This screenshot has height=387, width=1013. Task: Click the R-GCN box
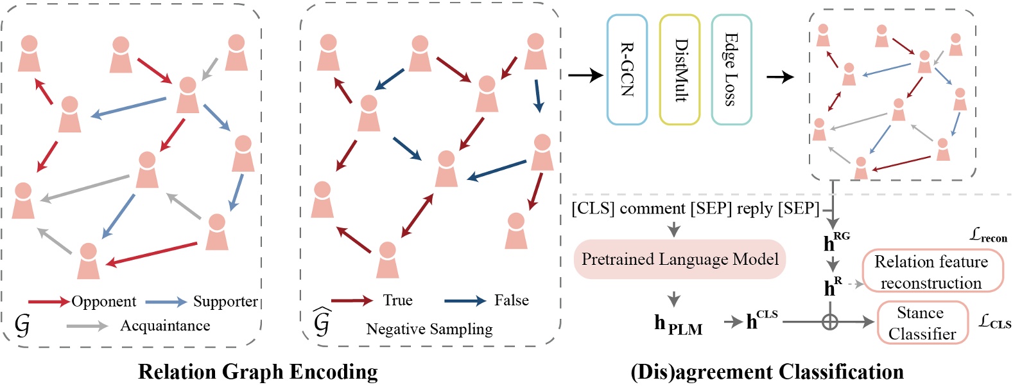[x=627, y=69]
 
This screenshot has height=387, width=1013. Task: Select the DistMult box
[x=679, y=69]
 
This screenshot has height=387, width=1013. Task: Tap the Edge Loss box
[x=731, y=69]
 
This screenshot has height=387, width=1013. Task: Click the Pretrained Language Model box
[x=679, y=259]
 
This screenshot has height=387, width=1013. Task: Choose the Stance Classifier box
[x=922, y=323]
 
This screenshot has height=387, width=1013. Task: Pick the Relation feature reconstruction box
[x=931, y=272]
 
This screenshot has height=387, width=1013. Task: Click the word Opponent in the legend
[x=103, y=301]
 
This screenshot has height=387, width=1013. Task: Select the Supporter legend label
[x=225, y=301]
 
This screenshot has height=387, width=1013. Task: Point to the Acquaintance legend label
[x=165, y=326]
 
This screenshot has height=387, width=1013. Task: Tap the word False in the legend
[x=511, y=300]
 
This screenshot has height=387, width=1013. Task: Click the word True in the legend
[x=397, y=300]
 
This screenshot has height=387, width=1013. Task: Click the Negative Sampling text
[x=429, y=329]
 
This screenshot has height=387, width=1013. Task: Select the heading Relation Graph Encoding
[x=257, y=372]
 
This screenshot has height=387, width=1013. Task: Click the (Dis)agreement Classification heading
[x=766, y=372]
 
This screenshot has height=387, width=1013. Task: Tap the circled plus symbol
[x=830, y=321]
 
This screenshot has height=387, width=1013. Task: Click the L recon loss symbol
[x=988, y=236]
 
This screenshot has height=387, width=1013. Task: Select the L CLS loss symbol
[x=994, y=321]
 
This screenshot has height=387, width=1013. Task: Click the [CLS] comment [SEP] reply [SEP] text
[x=695, y=209]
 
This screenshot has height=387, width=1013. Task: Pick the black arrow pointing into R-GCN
[x=585, y=75]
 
